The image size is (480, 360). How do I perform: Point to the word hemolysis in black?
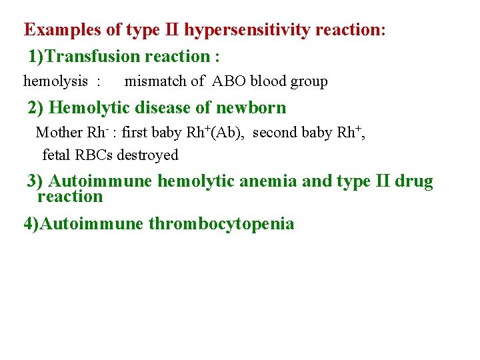tap(55, 81)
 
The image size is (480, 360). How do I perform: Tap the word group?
tap(308, 82)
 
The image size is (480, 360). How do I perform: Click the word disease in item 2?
tap(165, 107)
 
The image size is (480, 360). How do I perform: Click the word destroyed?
tap(149, 155)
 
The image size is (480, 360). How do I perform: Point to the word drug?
tap(413, 181)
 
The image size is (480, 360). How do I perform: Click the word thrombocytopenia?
tap(221, 223)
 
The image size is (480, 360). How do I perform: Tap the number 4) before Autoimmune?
tap(31, 223)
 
